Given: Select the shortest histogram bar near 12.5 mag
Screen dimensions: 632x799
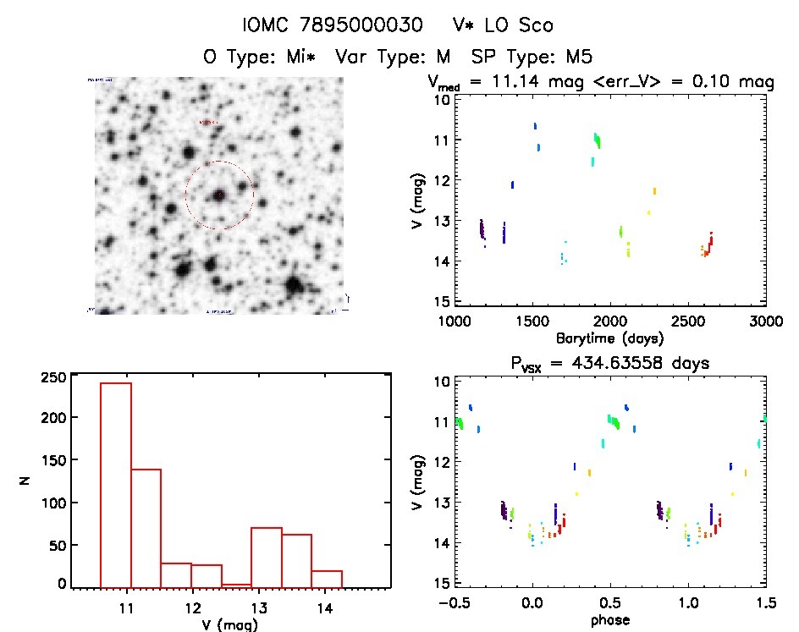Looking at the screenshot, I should point(236,585).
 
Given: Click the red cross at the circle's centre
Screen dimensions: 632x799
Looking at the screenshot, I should point(219,195).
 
